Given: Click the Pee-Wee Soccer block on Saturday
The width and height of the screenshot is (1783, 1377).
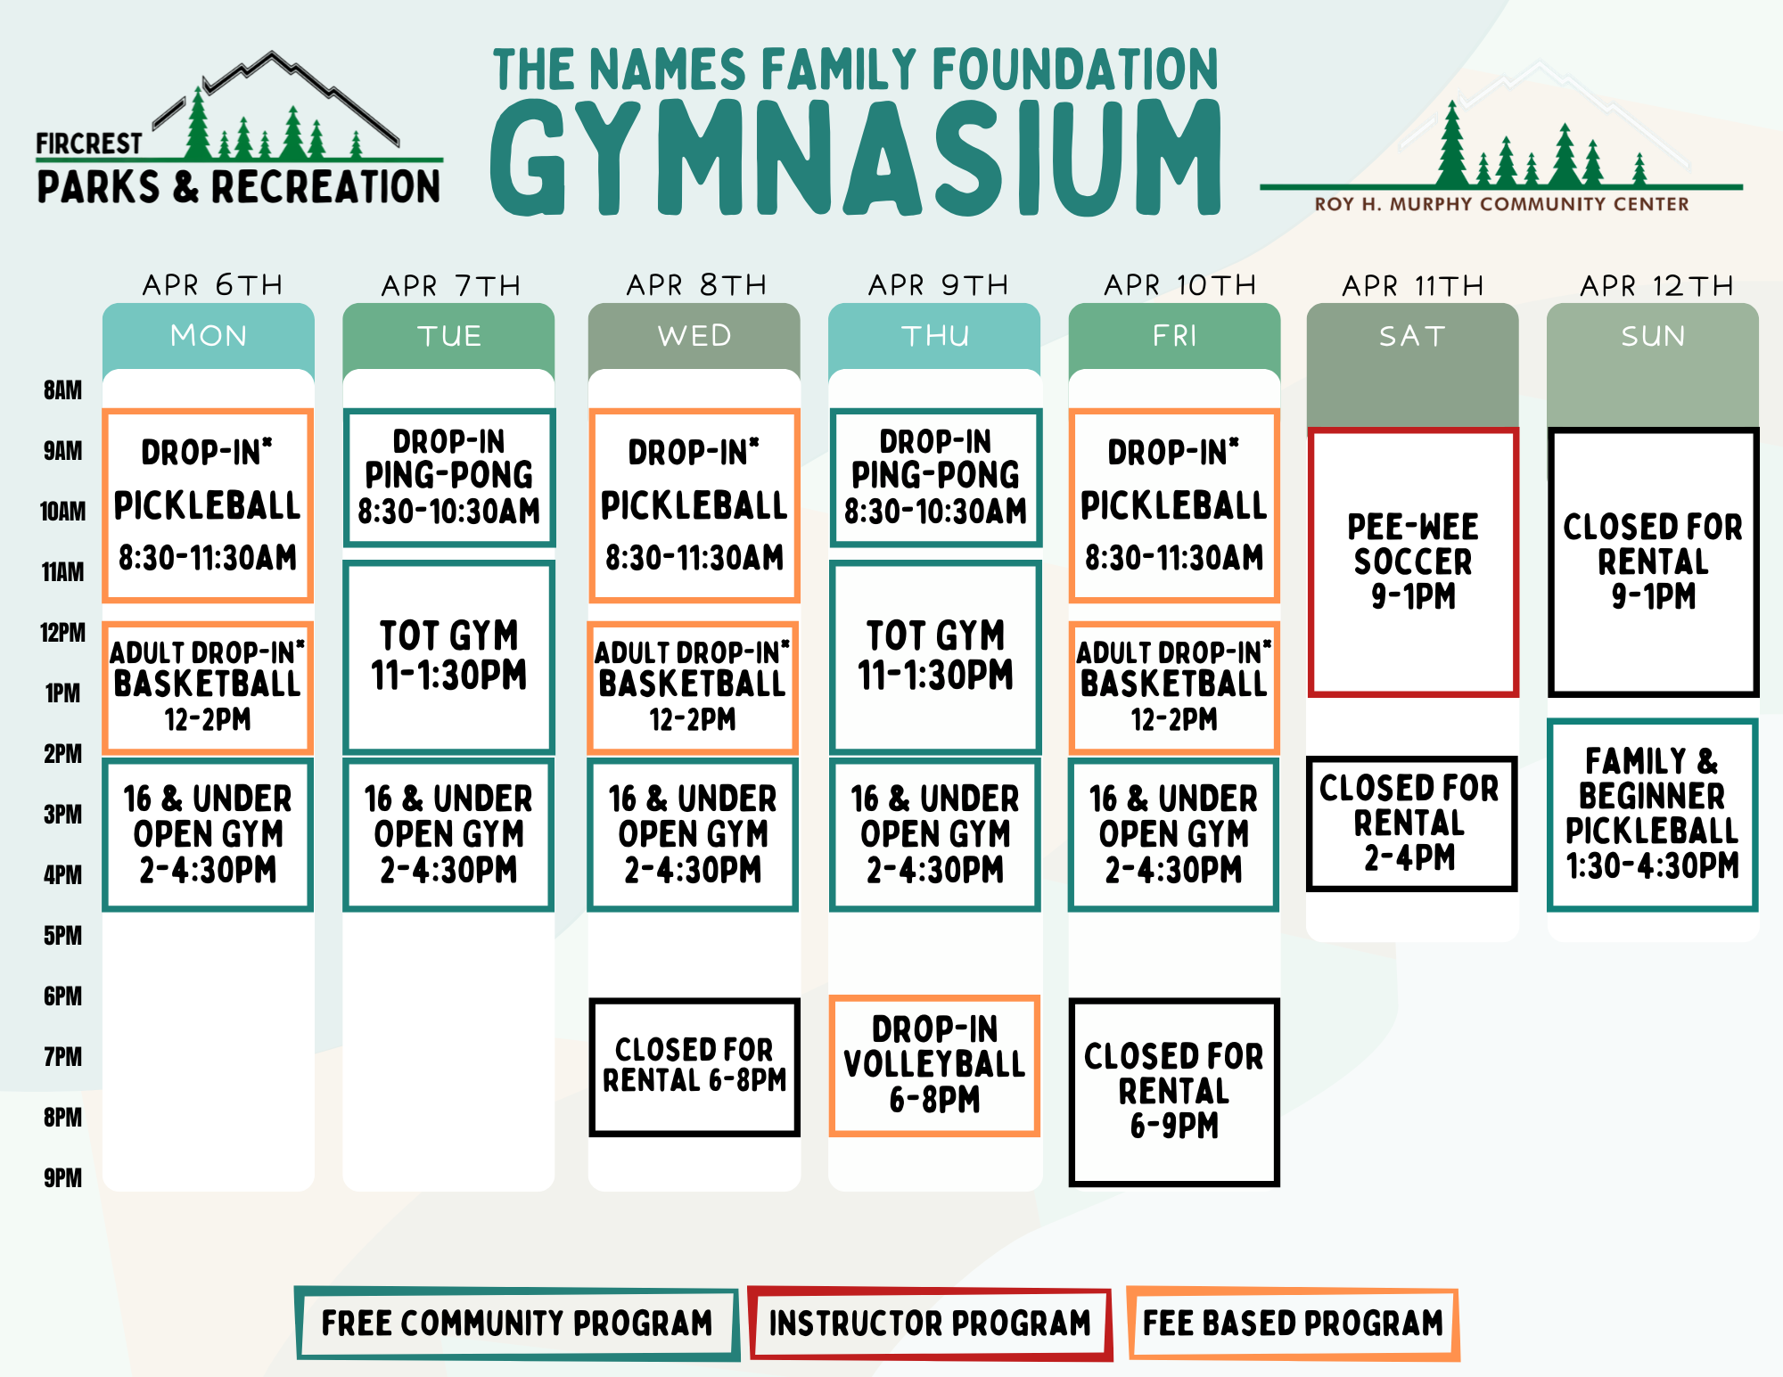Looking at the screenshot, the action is tap(1413, 561).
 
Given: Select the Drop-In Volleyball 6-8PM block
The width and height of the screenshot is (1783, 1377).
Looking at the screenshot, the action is tap(934, 1065).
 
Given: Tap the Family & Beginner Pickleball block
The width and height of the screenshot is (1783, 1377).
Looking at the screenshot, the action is tap(1652, 815).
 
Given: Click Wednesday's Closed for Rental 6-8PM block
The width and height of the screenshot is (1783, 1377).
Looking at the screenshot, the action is tap(694, 1066).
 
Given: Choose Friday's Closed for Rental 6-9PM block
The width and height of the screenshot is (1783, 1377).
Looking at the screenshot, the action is tap(1174, 1092).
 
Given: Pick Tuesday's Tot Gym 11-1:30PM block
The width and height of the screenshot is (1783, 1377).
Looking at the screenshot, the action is tap(448, 657).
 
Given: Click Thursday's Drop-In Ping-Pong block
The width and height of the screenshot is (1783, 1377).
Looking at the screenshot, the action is tap(935, 478).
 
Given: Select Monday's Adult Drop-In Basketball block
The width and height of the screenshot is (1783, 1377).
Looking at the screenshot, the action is tap(208, 687).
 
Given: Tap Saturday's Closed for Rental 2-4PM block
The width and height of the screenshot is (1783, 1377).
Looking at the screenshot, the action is tap(1411, 824).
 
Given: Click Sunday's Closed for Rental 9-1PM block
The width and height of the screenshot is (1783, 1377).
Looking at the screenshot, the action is tap(1653, 561).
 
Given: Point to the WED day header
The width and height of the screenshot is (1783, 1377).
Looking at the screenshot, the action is tap(694, 336).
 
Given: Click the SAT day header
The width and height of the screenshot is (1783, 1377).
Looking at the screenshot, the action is tap(1412, 336).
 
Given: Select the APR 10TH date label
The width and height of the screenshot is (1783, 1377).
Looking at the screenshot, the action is tap(1180, 285).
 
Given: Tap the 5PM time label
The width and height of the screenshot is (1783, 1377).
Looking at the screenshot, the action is tap(62, 936).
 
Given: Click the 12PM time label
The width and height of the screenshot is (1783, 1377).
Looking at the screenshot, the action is tap(62, 633).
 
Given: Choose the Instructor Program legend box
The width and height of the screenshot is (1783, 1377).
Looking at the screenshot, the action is tap(930, 1324).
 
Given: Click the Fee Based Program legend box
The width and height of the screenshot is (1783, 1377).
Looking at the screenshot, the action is tap(1293, 1324).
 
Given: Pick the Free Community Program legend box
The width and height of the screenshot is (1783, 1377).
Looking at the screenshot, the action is tap(517, 1324).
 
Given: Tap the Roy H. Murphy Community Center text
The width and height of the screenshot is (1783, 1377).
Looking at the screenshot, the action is tap(1501, 204).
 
